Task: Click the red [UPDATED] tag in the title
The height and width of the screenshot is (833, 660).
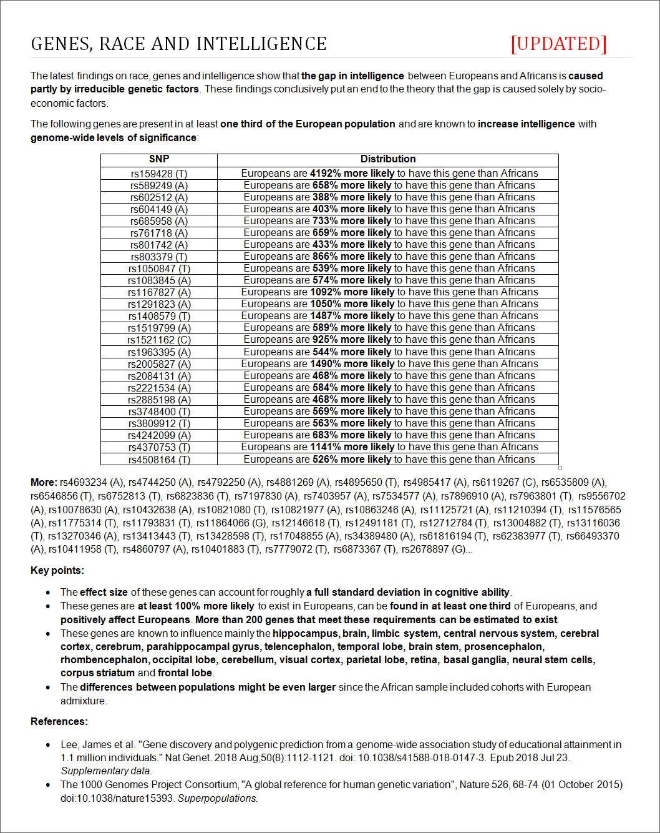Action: tap(558, 44)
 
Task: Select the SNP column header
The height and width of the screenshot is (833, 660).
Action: tap(159, 159)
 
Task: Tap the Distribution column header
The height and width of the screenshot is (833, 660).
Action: tap(387, 159)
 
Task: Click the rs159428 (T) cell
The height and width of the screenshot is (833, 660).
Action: tap(159, 174)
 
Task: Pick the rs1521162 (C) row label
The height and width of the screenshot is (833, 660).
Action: tap(159, 340)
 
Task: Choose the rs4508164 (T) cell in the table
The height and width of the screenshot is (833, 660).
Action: tap(159, 460)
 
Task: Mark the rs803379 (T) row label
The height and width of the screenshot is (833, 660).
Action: tap(159, 257)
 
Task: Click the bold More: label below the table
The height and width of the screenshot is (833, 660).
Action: tap(44, 482)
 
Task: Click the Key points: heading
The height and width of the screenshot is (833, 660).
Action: tap(57, 570)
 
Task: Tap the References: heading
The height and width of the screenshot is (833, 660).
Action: tap(59, 721)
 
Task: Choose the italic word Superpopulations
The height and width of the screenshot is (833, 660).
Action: tap(218, 799)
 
